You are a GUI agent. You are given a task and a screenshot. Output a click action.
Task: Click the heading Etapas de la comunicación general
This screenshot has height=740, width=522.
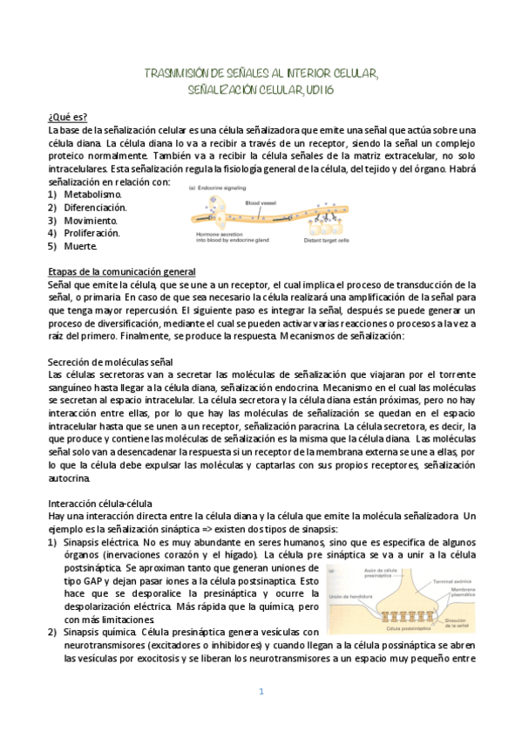coord(121,271)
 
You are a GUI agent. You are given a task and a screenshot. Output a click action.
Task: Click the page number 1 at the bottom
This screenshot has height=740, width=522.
coord(261,692)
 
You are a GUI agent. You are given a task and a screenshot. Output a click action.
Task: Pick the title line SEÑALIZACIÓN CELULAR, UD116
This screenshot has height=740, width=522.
coord(261,89)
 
